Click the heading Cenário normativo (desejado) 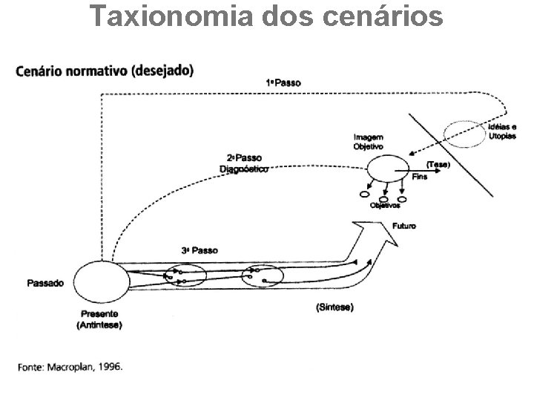(104, 71)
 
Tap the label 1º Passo (283, 83)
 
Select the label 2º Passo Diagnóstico (245, 163)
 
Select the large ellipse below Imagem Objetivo (387, 171)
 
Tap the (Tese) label (436, 163)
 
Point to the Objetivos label (385, 206)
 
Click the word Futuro (404, 225)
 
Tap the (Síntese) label (334, 307)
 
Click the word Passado (45, 283)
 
